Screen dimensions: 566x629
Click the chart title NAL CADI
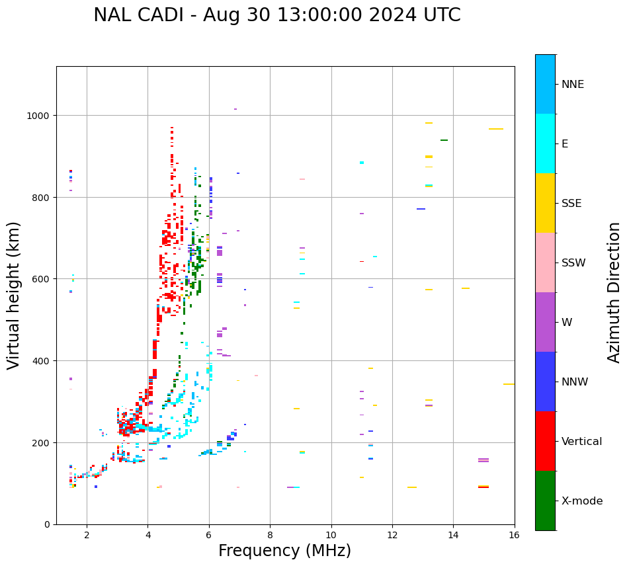[276, 15]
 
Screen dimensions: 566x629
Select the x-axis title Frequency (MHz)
[284, 551]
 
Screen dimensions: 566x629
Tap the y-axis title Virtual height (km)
[14, 295]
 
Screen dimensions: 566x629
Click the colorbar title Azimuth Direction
[614, 292]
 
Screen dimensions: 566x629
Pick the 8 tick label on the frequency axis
[270, 536]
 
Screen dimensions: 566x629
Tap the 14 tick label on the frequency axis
[453, 536]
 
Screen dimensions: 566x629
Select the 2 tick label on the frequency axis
[87, 536]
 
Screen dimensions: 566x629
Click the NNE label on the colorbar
[573, 84]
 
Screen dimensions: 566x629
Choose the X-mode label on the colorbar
[582, 501]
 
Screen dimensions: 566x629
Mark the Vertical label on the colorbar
[581, 441]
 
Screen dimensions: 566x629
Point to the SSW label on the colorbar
[573, 263]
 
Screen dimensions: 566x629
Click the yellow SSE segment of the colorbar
[545, 203]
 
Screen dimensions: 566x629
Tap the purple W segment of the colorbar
[545, 322]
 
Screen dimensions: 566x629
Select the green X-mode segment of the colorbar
[545, 501]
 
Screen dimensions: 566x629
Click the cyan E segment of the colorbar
[545, 143]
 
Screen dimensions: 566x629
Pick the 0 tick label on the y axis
[47, 524]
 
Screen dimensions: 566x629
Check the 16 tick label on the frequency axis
[514, 536]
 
